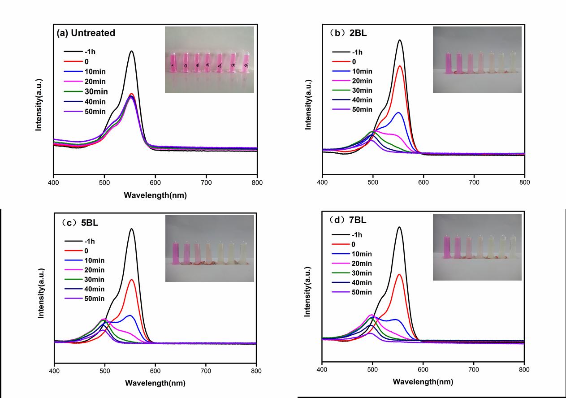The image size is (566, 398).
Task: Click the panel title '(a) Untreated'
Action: [x=86, y=33]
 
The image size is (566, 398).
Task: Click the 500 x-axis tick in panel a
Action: [x=104, y=183]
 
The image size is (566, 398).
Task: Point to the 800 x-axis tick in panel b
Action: [x=524, y=183]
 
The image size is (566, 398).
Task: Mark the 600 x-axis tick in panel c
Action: [x=155, y=372]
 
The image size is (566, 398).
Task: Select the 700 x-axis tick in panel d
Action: [x=473, y=370]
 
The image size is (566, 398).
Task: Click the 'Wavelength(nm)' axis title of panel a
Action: [x=155, y=195]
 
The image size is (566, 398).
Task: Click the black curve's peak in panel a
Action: [x=131, y=51]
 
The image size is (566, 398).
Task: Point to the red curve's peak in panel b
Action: [x=400, y=66]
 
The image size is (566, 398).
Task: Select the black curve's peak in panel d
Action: [x=399, y=227]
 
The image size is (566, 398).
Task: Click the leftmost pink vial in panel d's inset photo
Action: [x=447, y=247]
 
